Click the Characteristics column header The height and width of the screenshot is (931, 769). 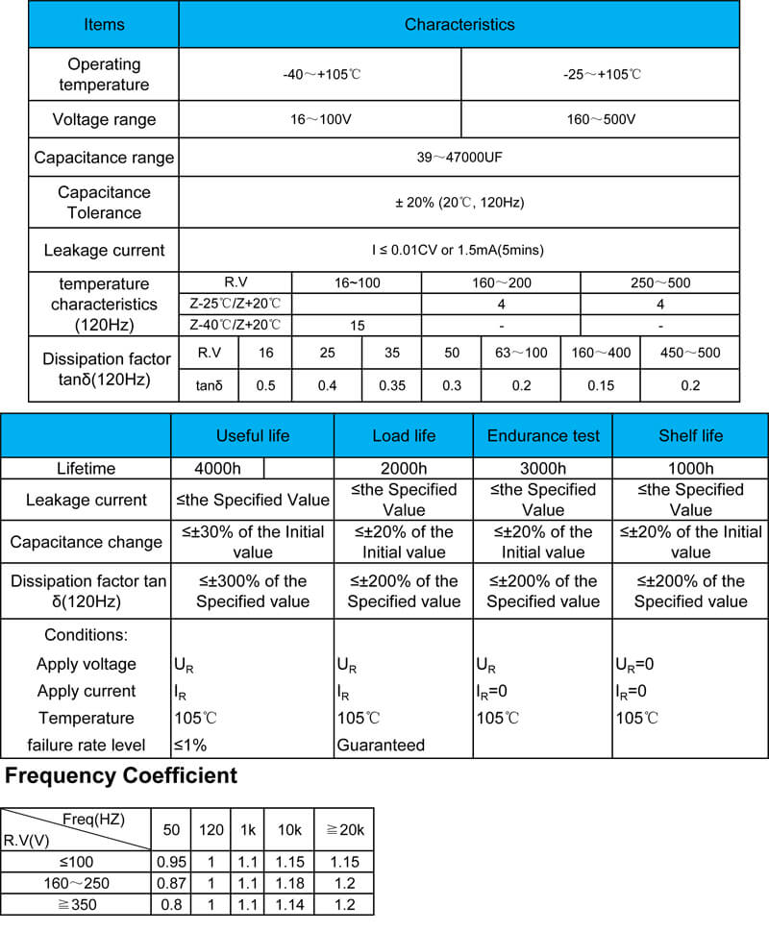pyautogui.click(x=459, y=24)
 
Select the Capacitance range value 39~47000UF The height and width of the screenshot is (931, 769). pyautogui.click(x=459, y=158)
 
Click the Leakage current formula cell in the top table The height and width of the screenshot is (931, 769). pyautogui.click(x=459, y=251)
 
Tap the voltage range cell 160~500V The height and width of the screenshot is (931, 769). pyautogui.click(x=600, y=120)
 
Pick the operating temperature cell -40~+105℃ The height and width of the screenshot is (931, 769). pyautogui.click(x=320, y=74)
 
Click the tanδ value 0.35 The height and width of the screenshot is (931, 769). pyautogui.click(x=392, y=385)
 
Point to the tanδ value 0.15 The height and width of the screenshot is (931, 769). pyautogui.click(x=601, y=385)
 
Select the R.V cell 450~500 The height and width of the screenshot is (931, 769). pyautogui.click(x=689, y=353)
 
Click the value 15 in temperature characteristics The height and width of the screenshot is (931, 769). pyautogui.click(x=357, y=325)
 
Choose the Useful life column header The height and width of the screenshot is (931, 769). pyautogui.click(x=253, y=435)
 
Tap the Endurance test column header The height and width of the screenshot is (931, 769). pyautogui.click(x=543, y=435)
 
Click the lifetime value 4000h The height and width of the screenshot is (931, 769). pyautogui.click(x=217, y=469)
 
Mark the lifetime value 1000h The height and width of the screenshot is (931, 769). pyautogui.click(x=690, y=469)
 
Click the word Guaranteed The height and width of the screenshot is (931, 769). pyautogui.click(x=380, y=745)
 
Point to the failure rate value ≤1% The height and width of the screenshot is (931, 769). pyautogui.click(x=190, y=745)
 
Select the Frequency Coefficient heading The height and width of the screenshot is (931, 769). pyautogui.click(x=121, y=775)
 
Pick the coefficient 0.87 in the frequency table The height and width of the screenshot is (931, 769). pyautogui.click(x=171, y=883)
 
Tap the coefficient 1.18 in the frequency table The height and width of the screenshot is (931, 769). pyautogui.click(x=289, y=883)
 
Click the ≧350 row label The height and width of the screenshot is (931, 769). pyautogui.click(x=76, y=904)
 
